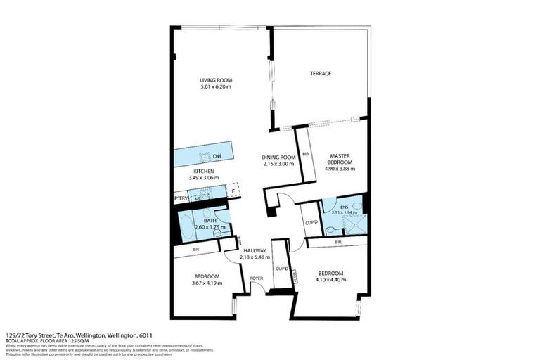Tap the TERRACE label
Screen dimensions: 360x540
321,74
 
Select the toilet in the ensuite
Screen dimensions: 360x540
356,207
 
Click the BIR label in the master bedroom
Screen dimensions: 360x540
306,154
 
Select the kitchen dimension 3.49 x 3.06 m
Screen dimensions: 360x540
204,178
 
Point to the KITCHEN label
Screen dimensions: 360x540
204,171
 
